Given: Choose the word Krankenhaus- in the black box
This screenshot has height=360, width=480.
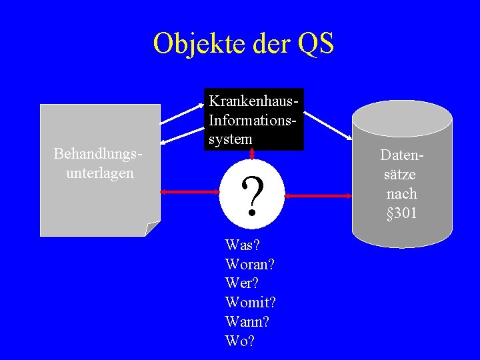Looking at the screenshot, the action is (253, 101).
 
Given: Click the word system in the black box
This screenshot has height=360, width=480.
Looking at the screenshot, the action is (231, 139).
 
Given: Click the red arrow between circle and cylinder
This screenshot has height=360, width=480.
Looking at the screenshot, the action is (319, 196).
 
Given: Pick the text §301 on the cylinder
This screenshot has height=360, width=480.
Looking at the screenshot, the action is (402, 213).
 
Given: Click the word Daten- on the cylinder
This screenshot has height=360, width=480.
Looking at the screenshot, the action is (402, 156).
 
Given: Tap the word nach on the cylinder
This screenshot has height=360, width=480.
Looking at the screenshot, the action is (402, 194).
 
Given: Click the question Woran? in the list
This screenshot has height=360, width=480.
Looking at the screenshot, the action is (251, 265).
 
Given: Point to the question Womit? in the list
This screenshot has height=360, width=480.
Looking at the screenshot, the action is (251, 303).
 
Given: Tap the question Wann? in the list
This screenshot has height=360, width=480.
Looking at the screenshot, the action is (247, 322).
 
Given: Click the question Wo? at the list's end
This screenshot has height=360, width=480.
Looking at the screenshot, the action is (240, 341).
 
